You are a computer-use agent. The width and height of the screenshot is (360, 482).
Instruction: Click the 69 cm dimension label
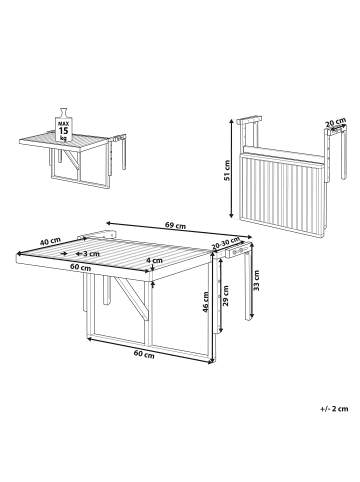(176, 226)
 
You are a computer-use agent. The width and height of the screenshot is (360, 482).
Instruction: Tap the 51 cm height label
(227, 171)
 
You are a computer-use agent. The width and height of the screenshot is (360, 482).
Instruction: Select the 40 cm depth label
(50, 241)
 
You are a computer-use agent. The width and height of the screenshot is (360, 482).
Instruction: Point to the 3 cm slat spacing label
(91, 254)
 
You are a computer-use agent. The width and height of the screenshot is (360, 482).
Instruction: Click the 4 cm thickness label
(155, 260)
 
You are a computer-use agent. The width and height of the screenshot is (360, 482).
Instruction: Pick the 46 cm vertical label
(205, 302)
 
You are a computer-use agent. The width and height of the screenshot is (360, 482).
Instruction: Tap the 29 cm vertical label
(226, 296)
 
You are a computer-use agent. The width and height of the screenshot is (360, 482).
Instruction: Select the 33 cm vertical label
(256, 280)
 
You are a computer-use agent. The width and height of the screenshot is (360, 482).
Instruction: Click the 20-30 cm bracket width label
(226, 243)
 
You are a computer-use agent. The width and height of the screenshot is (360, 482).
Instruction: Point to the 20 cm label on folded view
(336, 122)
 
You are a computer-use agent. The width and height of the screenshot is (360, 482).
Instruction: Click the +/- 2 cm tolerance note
(334, 408)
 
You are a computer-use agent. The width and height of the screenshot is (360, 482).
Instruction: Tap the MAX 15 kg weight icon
(63, 126)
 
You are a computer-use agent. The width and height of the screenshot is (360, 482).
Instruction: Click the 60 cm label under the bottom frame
(144, 354)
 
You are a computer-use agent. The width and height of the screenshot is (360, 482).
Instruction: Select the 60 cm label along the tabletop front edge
(80, 267)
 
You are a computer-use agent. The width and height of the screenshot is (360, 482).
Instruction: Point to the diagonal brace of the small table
(72, 160)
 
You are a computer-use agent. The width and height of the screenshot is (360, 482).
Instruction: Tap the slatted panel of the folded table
(282, 195)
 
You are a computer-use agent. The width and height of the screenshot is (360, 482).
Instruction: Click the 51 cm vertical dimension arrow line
(231, 169)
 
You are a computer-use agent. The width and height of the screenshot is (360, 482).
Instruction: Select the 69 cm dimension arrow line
(179, 230)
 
